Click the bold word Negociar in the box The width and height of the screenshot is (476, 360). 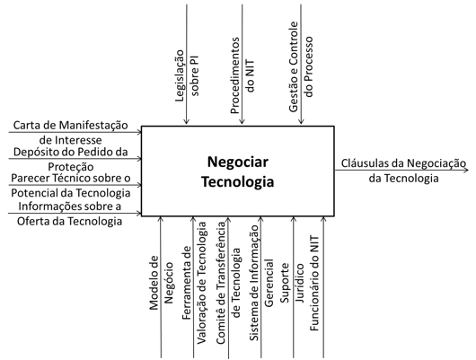coord(238,162)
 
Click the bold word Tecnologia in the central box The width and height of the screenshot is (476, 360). coord(238,182)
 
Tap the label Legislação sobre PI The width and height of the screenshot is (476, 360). coord(187,75)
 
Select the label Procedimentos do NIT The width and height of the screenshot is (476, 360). coord(242,75)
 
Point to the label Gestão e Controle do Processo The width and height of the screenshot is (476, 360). coord(301,66)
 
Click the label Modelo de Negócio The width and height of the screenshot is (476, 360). coord(162,283)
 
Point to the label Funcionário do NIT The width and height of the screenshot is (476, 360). coord(314,283)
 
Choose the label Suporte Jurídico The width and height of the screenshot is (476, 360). coord(292,283)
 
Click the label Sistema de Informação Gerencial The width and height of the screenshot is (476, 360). coord(261,283)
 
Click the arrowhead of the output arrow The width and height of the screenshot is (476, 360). coord(466,170)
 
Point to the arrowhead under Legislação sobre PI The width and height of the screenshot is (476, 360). coord(187,121)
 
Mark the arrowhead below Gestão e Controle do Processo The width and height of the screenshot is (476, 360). coord(301,121)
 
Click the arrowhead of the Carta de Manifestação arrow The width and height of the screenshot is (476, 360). coord(139,132)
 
